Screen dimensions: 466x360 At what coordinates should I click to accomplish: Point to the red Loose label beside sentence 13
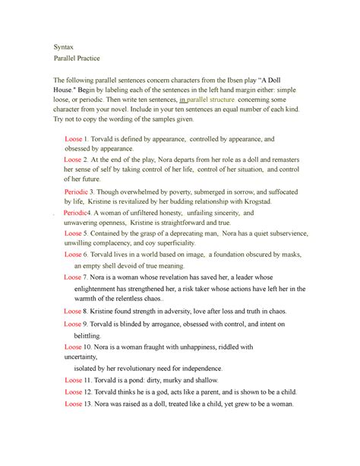tap(72, 404)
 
